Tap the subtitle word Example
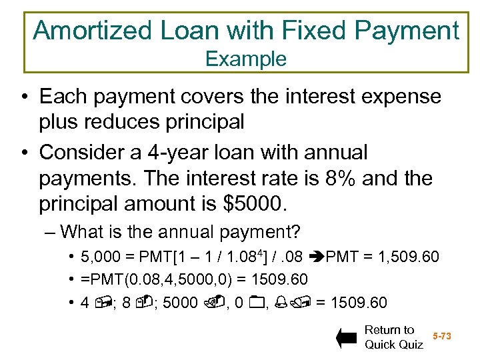tap(245, 59)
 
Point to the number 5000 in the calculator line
tap(180, 303)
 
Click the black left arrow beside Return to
tap(347, 337)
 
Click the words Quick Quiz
tap(393, 345)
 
